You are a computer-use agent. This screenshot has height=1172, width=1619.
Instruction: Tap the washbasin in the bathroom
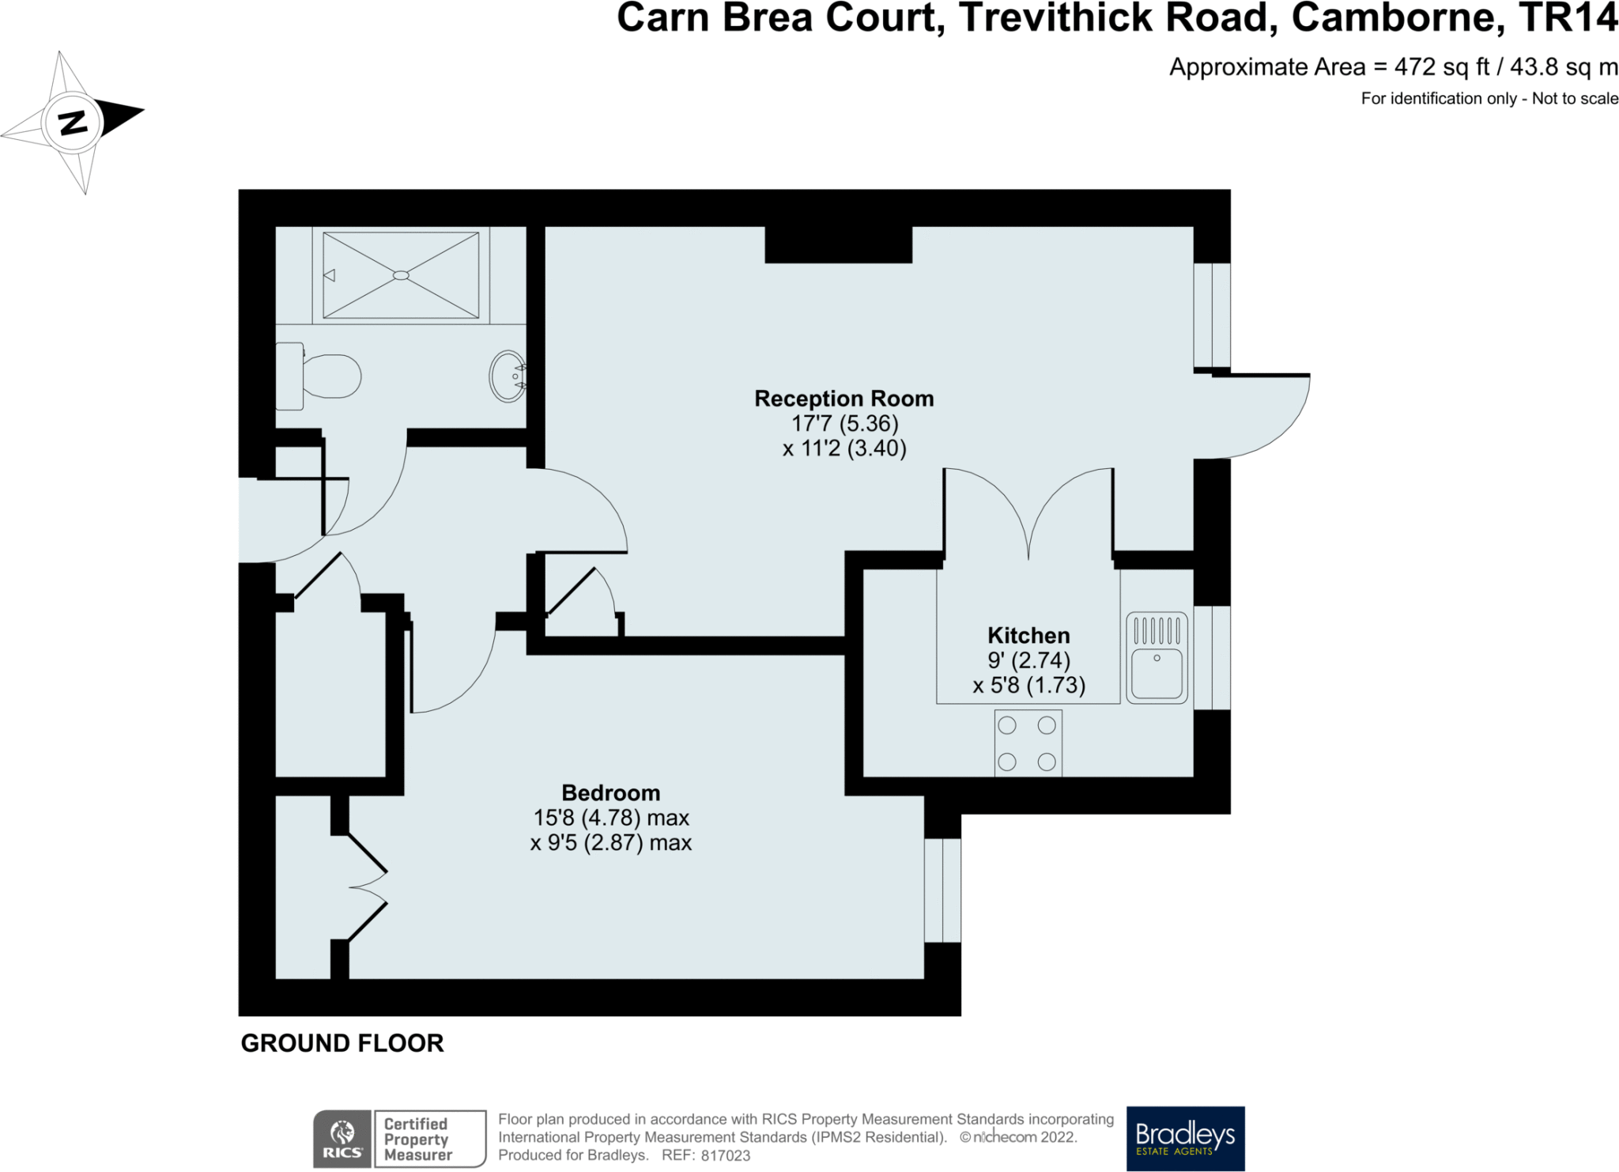508,376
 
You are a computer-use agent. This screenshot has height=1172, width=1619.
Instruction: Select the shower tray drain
401,275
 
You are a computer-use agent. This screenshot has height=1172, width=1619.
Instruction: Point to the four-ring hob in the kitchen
1028,743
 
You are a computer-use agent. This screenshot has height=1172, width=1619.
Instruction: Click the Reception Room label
844,399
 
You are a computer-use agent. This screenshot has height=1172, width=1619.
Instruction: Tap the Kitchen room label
1028,635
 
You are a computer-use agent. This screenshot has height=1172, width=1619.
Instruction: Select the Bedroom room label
611,792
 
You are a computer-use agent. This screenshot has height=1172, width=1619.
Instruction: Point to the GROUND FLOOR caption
342,1043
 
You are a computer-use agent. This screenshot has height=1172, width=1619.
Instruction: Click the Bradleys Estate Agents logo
1185,1138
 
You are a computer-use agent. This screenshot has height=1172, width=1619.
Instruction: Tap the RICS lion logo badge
342,1139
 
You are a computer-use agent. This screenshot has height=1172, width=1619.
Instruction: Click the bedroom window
942,890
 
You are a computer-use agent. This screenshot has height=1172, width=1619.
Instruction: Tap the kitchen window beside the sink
1212,657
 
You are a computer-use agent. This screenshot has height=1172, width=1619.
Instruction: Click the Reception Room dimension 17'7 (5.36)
845,424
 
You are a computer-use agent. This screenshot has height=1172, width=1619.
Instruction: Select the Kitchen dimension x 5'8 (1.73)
1028,685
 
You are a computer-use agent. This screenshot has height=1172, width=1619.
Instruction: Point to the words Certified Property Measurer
417,1139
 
